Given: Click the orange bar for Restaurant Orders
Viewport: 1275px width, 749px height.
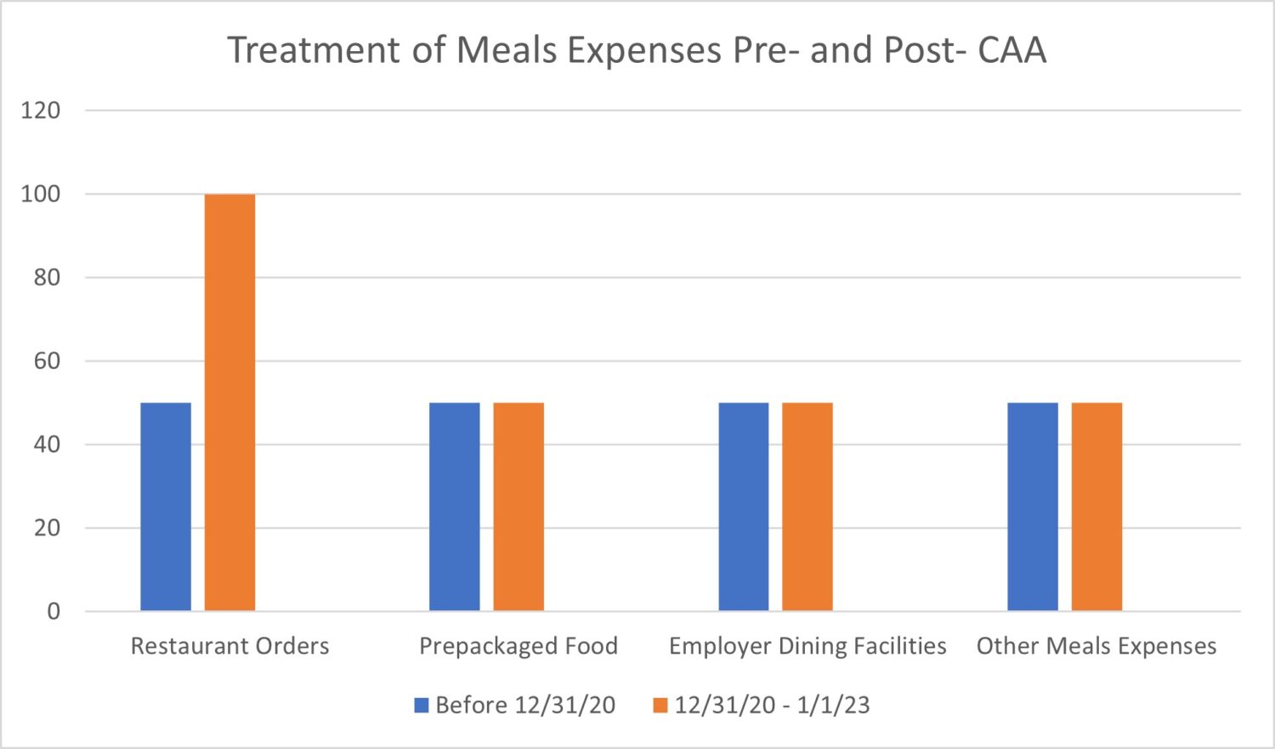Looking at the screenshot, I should (x=229, y=402).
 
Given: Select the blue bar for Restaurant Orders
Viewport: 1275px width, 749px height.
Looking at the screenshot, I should (x=166, y=507).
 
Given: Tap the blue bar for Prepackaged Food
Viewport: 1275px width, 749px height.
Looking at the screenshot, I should (x=454, y=507).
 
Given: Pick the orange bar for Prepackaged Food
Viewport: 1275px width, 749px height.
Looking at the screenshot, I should (x=518, y=507).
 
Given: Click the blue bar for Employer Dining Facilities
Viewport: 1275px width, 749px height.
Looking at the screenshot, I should (x=744, y=507).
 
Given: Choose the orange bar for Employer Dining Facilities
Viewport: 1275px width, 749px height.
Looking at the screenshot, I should (x=807, y=507).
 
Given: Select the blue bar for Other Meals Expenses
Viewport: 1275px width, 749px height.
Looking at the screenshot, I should (x=1033, y=507).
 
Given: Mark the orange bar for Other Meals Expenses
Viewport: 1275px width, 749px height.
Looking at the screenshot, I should (x=1096, y=507).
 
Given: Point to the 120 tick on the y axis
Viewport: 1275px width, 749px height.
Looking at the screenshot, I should (x=41, y=111).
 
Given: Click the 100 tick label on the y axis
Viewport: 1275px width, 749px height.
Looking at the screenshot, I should (x=41, y=194).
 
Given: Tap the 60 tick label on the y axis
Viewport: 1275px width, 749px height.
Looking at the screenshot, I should (x=47, y=361).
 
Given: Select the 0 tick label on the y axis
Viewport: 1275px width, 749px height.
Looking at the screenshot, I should (x=54, y=611).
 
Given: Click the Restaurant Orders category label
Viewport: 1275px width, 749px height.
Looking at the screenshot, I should (x=229, y=646).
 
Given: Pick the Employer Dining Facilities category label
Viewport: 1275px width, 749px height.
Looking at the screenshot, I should (x=807, y=646).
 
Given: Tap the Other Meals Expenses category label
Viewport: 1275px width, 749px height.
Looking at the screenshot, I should (x=1096, y=646).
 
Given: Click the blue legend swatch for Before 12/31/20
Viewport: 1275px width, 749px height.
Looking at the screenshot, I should (x=422, y=706).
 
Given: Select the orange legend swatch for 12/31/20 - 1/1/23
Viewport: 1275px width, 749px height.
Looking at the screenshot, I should (x=660, y=706).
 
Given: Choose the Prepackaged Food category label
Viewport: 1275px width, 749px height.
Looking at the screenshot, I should (x=518, y=646).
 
